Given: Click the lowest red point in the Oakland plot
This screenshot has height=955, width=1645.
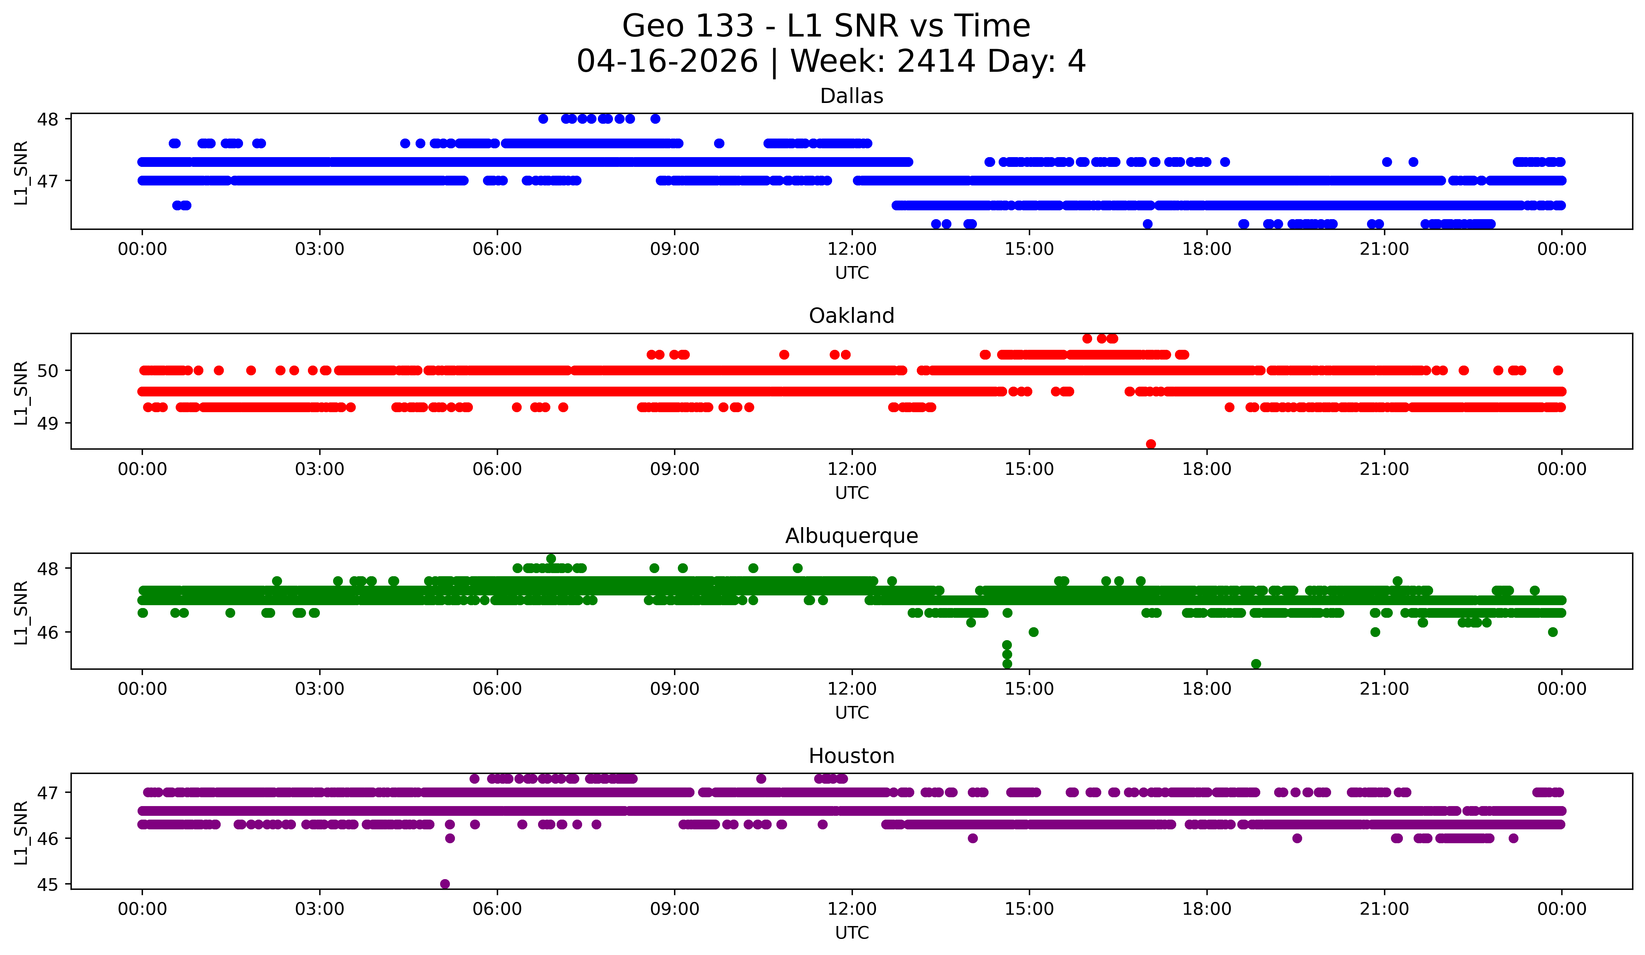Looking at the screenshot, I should (1151, 444).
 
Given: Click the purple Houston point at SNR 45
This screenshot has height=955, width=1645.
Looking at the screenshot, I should (445, 884).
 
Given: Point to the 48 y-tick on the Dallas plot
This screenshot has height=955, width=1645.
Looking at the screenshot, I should (48, 119).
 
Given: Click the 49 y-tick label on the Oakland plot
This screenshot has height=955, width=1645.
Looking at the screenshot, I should (48, 423).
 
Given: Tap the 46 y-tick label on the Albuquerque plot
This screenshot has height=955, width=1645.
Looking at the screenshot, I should (48, 632).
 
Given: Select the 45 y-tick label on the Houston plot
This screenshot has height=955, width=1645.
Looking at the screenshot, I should (48, 884).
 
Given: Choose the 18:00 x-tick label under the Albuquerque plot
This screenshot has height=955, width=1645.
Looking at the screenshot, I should (1206, 689).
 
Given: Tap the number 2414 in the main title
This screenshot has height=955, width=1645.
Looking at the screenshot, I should (936, 61).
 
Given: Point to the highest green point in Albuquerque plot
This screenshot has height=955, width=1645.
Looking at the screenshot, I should (551, 558).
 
